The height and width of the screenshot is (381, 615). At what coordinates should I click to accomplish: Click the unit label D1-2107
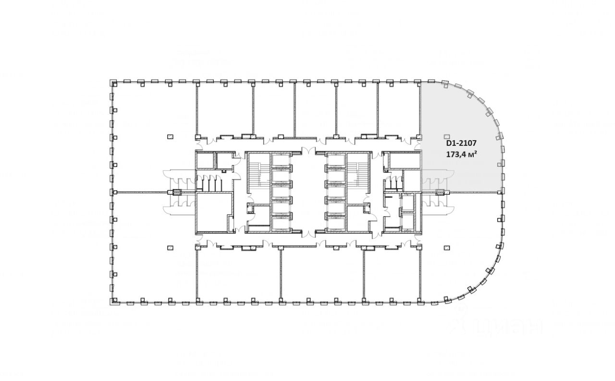pos(461,143)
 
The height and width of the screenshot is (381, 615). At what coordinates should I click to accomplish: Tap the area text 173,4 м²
pos(461,154)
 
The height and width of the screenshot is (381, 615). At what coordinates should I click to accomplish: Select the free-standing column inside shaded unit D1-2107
pos(447,136)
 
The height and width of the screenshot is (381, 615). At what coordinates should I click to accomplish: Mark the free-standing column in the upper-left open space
pos(170,136)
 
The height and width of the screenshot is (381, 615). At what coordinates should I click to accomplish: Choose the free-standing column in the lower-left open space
pos(170,248)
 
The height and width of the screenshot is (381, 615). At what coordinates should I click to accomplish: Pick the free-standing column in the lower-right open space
pos(447,248)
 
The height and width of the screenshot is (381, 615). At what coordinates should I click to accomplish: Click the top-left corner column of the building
pos(114,83)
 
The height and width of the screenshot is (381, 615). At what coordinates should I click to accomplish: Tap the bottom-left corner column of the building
pos(114,301)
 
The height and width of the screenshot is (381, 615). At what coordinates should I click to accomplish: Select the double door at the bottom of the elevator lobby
pos(308,233)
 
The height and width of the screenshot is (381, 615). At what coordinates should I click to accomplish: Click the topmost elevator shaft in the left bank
pos(281,160)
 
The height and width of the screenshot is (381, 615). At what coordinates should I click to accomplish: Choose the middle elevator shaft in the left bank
pos(281,192)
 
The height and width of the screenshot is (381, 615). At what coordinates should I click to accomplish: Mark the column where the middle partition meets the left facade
pos(114,192)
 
